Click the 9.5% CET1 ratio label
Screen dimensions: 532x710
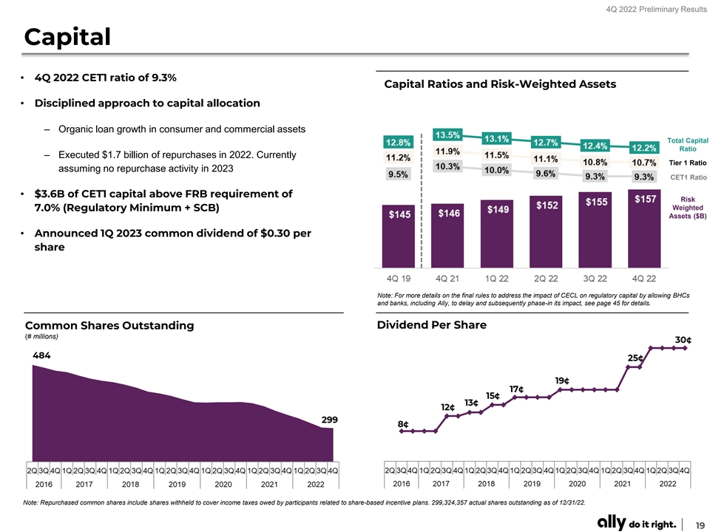pos(399,175)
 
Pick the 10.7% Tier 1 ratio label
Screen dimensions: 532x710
pos(643,163)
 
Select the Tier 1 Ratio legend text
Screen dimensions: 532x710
pos(688,163)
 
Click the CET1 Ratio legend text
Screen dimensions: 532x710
pos(688,177)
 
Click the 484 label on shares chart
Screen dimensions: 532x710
pos(41,355)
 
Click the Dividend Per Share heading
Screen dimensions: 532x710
pos(431,324)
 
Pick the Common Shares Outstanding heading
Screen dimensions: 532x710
pos(109,325)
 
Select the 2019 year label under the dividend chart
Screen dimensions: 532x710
pos(532,484)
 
